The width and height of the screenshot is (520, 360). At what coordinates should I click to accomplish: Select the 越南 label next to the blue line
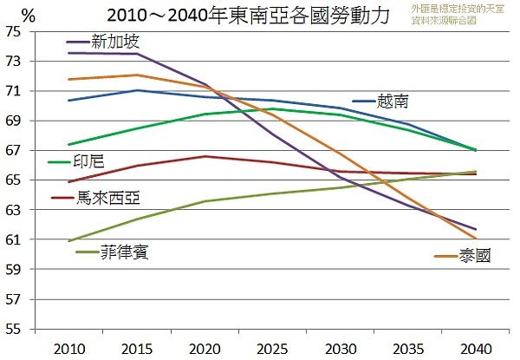(x=392, y=101)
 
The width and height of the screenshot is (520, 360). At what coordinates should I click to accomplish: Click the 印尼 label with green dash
(x=88, y=160)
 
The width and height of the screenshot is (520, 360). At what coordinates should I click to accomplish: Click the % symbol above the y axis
(x=28, y=15)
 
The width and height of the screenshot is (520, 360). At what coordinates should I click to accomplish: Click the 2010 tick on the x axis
(x=68, y=348)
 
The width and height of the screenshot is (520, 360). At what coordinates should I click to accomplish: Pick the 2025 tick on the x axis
(x=268, y=348)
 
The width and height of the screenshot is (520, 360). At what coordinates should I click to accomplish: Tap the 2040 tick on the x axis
(x=468, y=348)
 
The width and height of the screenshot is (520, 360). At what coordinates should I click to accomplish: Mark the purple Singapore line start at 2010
(x=68, y=53)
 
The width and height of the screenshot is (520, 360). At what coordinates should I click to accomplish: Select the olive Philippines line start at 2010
(x=68, y=241)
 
